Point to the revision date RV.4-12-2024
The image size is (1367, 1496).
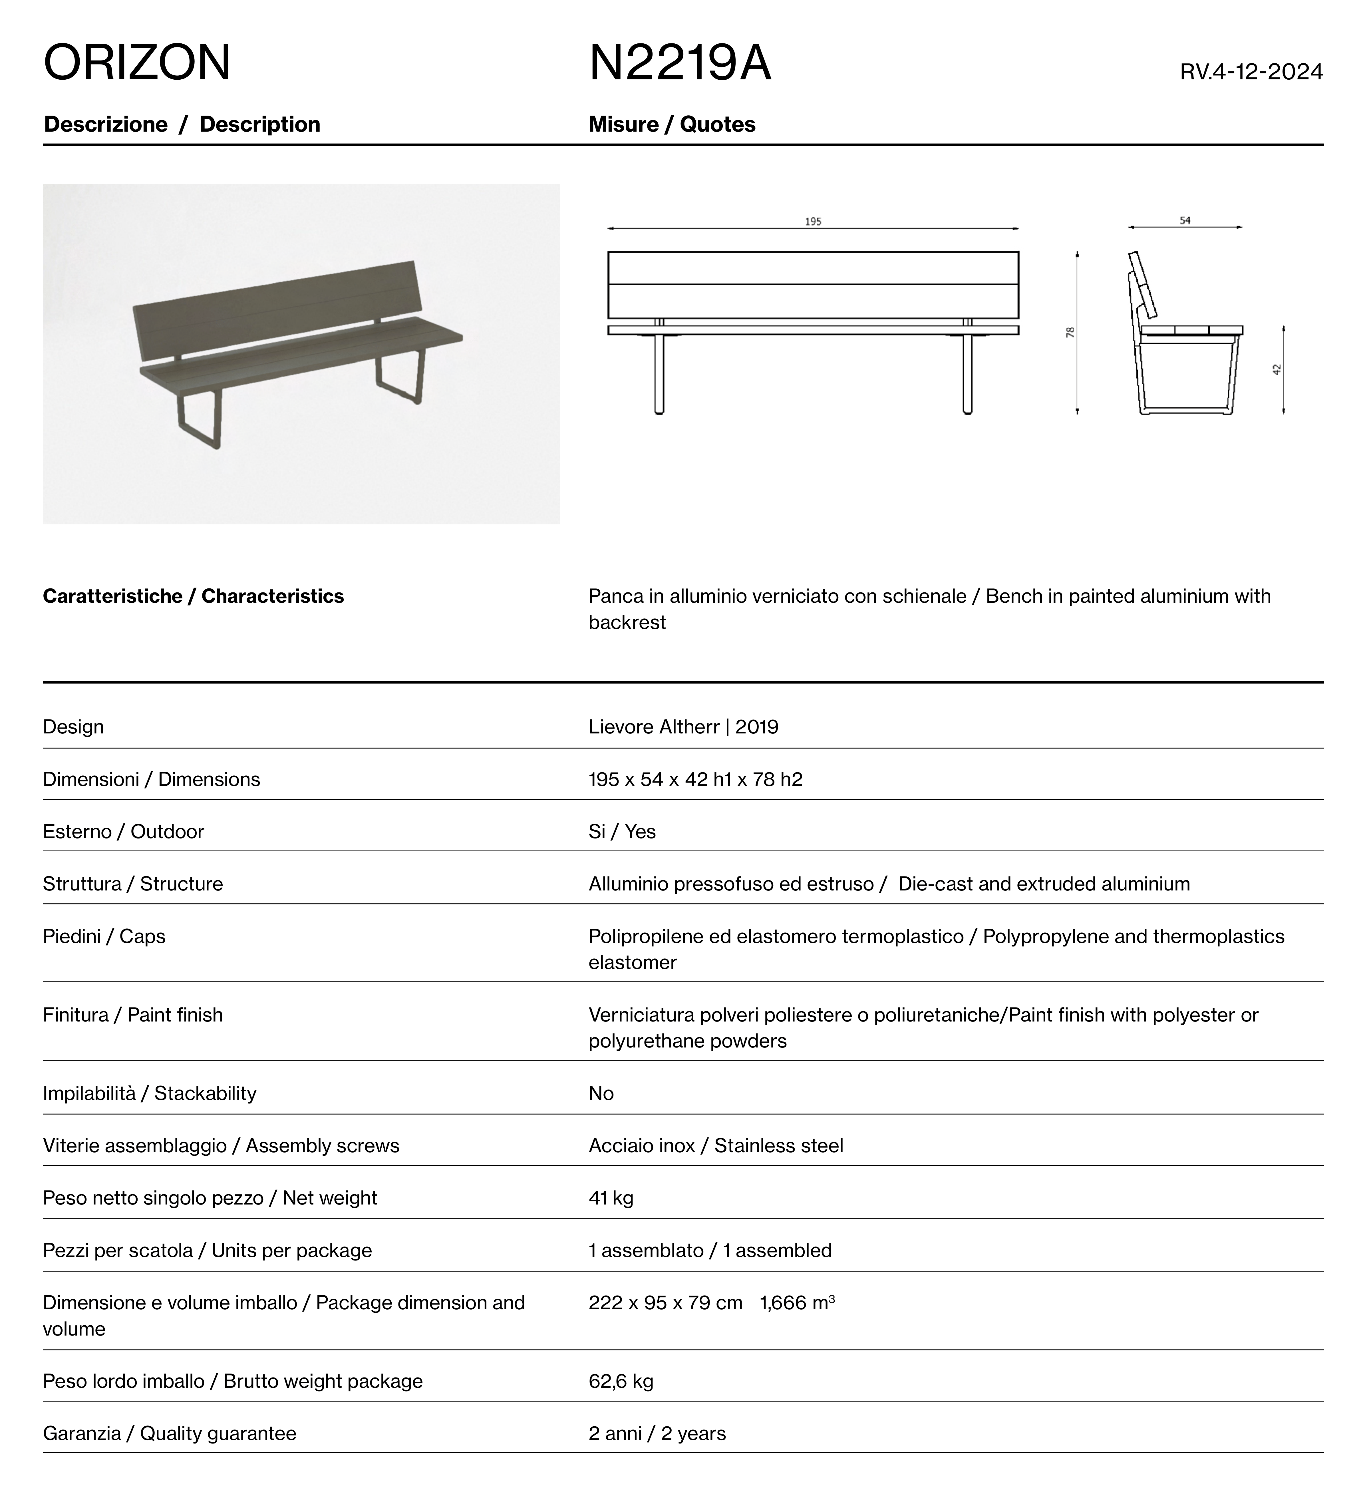pyautogui.click(x=1251, y=72)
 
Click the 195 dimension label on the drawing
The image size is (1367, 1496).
pyautogui.click(x=813, y=221)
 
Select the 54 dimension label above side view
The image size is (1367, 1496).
pyautogui.click(x=1185, y=220)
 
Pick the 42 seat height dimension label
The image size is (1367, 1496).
pyautogui.click(x=1277, y=369)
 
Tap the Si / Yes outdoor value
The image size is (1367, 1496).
pyautogui.click(x=622, y=832)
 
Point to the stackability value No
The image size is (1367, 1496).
pyautogui.click(x=601, y=1094)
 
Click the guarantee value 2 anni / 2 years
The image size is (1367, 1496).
pyautogui.click(x=657, y=1434)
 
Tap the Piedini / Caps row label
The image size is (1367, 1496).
pyautogui.click(x=104, y=936)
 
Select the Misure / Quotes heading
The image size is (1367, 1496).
pyautogui.click(x=672, y=125)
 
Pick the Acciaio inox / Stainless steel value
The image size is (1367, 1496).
pyautogui.click(x=715, y=1146)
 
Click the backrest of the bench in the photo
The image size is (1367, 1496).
pyautogui.click(x=275, y=312)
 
